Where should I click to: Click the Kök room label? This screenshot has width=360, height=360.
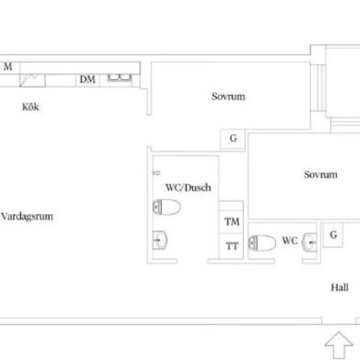pos(31,107)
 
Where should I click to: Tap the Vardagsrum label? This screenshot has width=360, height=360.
pos(27,217)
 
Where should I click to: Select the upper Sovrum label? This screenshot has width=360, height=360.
pos(228,96)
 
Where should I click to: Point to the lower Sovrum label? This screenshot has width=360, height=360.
pos(321,175)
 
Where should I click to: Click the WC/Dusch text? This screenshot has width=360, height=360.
pos(189,188)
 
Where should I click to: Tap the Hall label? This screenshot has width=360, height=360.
pos(340,287)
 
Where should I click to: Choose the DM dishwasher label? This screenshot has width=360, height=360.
pos(88,79)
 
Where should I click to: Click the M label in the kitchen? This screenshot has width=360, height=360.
pos(8,67)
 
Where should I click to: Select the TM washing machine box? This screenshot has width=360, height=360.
pos(231,222)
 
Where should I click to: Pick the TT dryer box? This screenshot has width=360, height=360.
pos(231,246)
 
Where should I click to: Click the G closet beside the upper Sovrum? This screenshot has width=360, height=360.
pos(233,139)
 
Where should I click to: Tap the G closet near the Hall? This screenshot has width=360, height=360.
pos(333,234)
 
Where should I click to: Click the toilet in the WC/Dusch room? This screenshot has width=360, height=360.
pos(166,207)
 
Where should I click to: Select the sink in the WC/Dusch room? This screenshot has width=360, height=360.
pos(160,240)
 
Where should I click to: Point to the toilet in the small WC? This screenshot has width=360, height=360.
pos(262,243)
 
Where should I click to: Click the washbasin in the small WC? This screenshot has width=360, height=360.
pos(310,242)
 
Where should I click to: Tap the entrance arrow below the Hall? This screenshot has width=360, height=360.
pos(339,346)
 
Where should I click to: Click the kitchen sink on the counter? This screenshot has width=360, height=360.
pos(119,78)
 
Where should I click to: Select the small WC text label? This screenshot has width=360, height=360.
pos(290,241)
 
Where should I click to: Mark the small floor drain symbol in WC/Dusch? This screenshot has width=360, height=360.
pos(156,173)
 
